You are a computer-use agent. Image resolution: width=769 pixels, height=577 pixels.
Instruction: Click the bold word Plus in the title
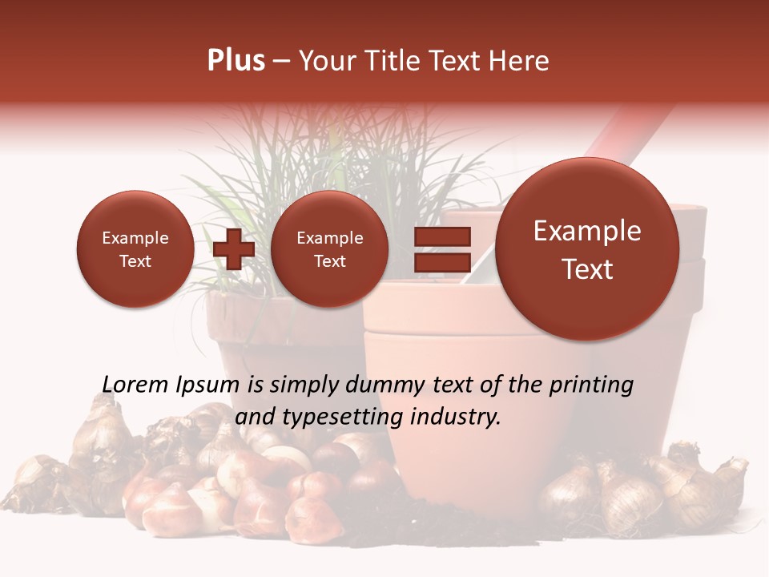(x=236, y=61)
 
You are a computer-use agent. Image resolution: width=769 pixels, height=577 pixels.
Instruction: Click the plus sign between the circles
(x=234, y=249)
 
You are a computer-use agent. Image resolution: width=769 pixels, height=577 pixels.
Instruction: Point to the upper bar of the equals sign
(x=441, y=237)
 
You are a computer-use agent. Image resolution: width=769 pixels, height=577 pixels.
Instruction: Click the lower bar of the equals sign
(x=441, y=262)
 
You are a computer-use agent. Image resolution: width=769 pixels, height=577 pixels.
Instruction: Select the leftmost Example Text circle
(x=135, y=248)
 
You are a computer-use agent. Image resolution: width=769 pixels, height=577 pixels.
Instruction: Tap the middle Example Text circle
(x=329, y=248)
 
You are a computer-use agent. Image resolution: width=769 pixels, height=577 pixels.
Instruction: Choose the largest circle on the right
(x=587, y=248)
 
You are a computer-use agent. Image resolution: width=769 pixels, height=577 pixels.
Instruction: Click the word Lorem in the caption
(x=135, y=385)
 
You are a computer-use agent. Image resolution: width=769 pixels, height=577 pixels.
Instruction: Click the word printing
(x=590, y=385)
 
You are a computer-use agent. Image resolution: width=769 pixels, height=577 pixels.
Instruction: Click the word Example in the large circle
(x=587, y=231)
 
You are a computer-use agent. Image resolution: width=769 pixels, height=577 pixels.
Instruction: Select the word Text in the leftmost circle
(x=135, y=261)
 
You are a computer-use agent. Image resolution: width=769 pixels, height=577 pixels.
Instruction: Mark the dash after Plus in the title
(x=280, y=61)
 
